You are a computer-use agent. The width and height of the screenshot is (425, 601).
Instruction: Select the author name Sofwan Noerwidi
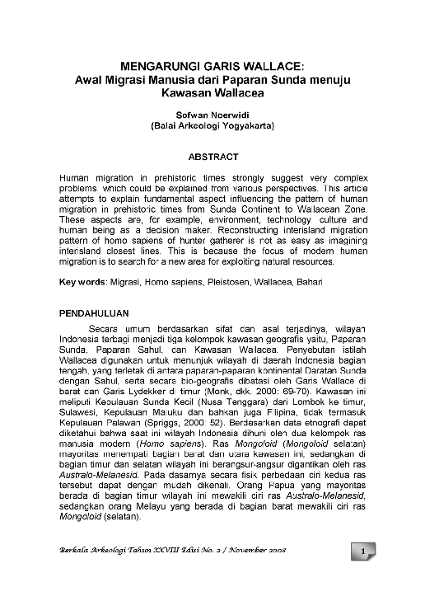point(212,115)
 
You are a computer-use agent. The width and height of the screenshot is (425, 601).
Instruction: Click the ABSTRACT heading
point(212,157)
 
